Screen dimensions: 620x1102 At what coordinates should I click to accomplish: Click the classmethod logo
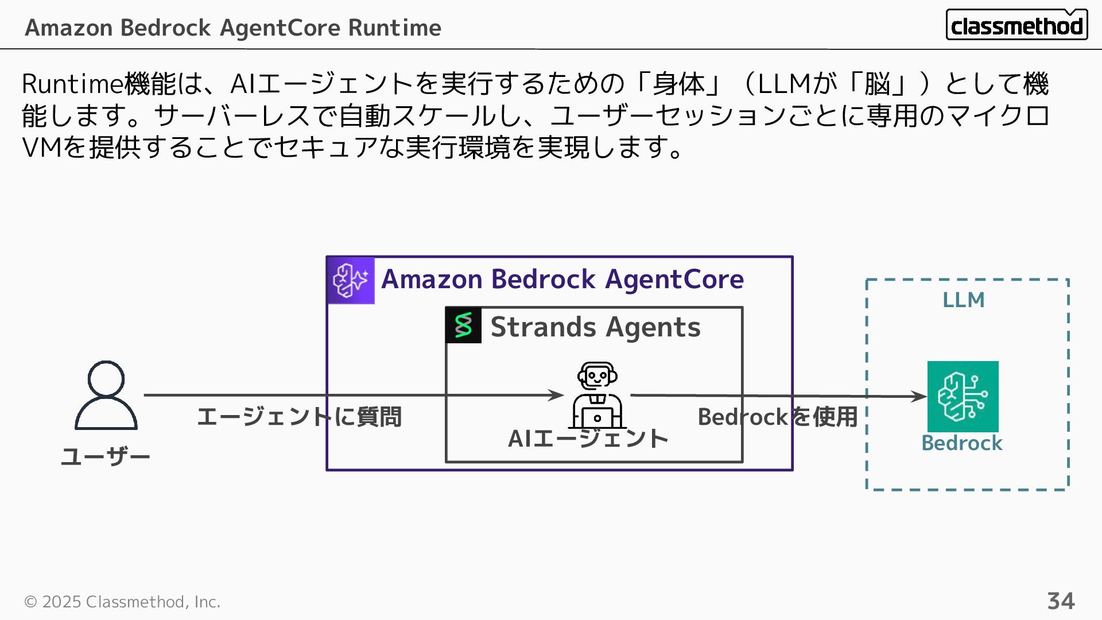pos(1016,25)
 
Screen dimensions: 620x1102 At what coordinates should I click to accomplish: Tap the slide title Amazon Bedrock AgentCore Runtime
pos(233,28)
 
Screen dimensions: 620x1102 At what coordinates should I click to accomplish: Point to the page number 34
pos(1061,601)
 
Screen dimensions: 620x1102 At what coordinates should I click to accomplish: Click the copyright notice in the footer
pos(122,602)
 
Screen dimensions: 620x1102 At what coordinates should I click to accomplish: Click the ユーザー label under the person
pos(106,457)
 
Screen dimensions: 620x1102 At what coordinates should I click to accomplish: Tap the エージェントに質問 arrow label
pos(299,417)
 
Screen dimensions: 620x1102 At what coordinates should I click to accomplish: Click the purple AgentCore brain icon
pos(351,280)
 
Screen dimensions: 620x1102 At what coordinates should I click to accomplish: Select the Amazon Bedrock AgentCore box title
pos(562,279)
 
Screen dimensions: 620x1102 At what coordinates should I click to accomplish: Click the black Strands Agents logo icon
pos(463,325)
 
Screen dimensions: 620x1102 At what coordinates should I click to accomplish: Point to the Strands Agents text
pos(595,327)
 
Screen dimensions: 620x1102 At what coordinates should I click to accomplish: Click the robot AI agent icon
pos(597,395)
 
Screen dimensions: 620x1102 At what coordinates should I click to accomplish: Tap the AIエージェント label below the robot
pos(588,439)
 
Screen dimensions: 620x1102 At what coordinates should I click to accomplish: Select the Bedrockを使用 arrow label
pos(777,417)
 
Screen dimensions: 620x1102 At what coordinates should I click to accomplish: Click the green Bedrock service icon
pos(963,396)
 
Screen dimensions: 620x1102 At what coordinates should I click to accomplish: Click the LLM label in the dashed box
pos(963,300)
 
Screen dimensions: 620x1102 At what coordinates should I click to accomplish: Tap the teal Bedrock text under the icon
pos(961,443)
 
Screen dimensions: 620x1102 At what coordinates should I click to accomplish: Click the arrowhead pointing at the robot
pos(556,395)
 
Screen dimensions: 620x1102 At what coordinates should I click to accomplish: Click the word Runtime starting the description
pos(72,84)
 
